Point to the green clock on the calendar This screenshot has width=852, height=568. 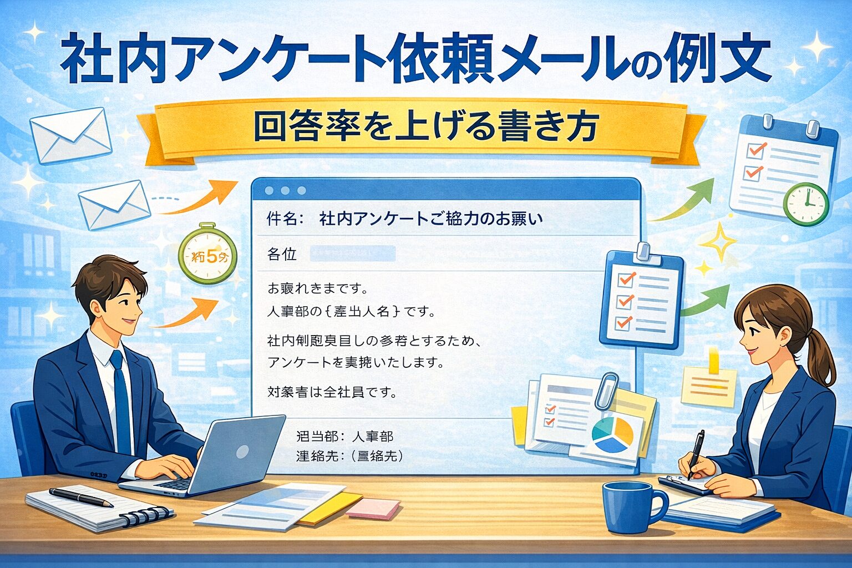(805, 204)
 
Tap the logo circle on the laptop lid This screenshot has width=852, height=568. (242, 452)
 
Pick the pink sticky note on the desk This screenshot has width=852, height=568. (373, 508)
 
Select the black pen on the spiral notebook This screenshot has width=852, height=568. (80, 497)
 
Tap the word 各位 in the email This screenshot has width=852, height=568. (282, 255)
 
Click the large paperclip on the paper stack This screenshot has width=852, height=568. (606, 390)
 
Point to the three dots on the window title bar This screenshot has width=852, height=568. (285, 190)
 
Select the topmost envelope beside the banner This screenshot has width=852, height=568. (70, 135)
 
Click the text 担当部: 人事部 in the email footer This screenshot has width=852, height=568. (344, 437)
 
